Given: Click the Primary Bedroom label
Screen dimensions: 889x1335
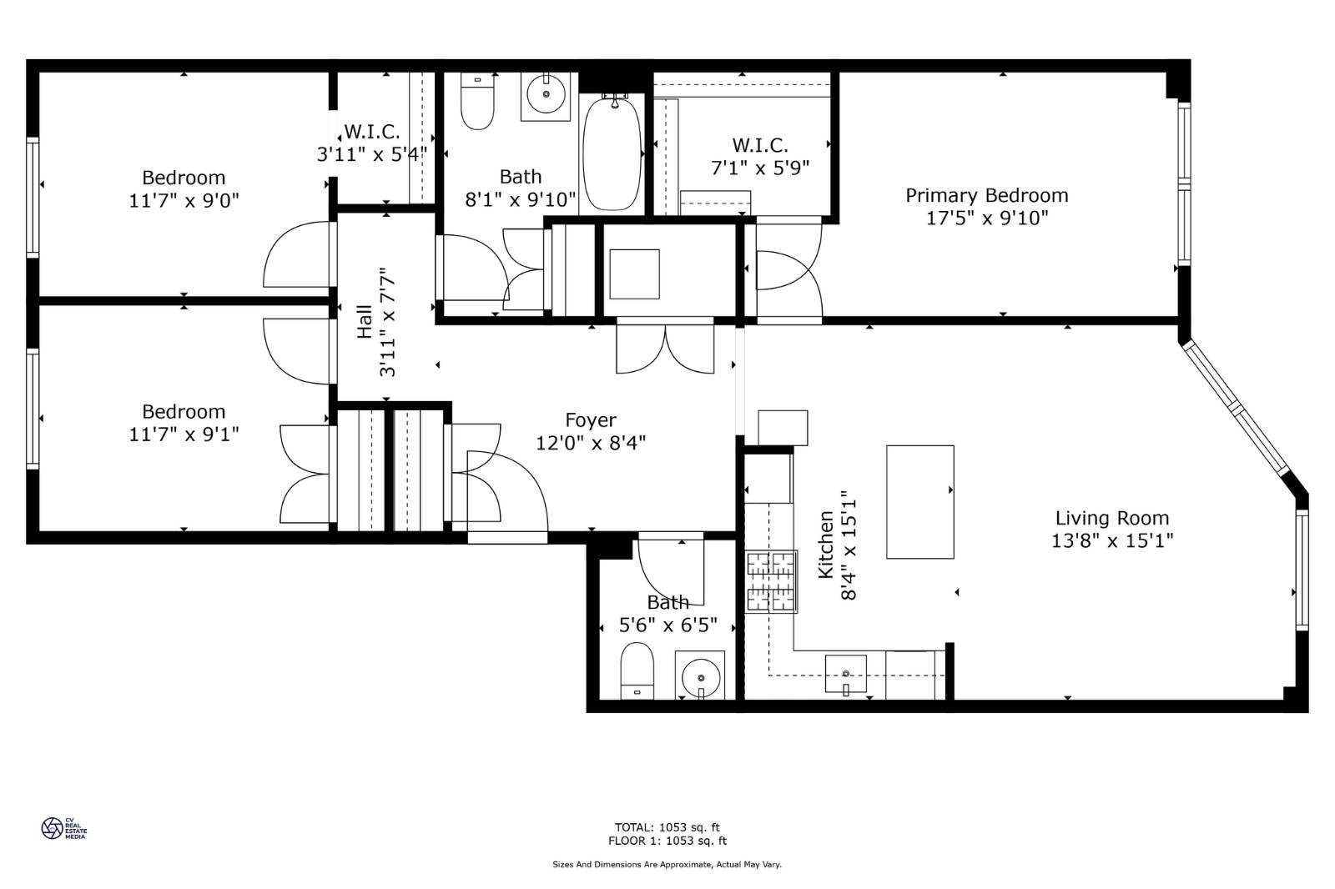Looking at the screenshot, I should pos(986,195).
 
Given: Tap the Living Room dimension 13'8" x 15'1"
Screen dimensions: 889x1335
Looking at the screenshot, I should pos(1111,540).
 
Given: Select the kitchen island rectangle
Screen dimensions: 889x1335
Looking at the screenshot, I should pos(919,502).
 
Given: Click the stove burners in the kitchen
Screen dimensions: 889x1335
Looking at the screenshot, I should pos(770,582).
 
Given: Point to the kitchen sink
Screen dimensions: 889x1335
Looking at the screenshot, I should pos(845,674).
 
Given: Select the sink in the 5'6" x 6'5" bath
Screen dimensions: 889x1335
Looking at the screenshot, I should pos(700,675).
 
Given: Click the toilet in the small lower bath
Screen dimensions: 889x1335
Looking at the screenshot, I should pos(637,670).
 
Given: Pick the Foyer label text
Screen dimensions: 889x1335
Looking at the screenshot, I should pos(590,420).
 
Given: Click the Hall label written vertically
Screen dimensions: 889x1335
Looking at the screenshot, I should pos(365,322).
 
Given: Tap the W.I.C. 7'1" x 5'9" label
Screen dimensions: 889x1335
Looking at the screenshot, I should pos(759,146).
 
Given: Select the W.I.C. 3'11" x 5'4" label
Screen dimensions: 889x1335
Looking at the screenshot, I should pos(371,132).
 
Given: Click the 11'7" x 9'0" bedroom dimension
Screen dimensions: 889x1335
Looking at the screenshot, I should pos(184,200).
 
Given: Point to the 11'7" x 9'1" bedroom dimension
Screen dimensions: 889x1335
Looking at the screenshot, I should pos(184,434).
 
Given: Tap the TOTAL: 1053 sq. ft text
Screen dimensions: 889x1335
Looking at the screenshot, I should pos(667,827).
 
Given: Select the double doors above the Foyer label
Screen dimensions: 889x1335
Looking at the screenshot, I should pos(665,349).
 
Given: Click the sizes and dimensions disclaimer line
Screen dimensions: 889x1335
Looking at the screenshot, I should pos(667,865).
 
